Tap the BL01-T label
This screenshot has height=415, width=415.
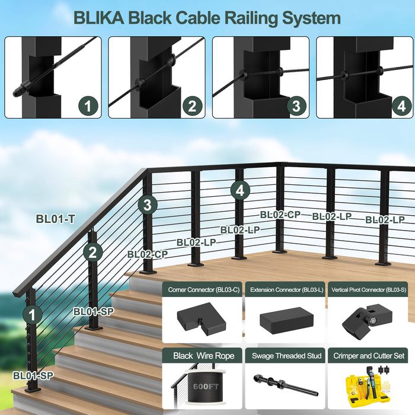pyautogui.click(x=55, y=219)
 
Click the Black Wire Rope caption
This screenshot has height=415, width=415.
pyautogui.click(x=203, y=356)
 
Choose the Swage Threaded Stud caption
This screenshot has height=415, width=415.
pyautogui.click(x=286, y=356)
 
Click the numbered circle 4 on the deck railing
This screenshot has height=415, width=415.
pyautogui.click(x=239, y=190)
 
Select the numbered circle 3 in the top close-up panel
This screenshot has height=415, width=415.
pyautogui.click(x=295, y=106)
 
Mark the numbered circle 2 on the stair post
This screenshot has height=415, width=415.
pyautogui.click(x=92, y=253)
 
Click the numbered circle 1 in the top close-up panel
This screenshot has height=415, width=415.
pyautogui.click(x=88, y=106)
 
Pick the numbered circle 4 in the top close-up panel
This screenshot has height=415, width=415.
pyautogui.click(x=400, y=106)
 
